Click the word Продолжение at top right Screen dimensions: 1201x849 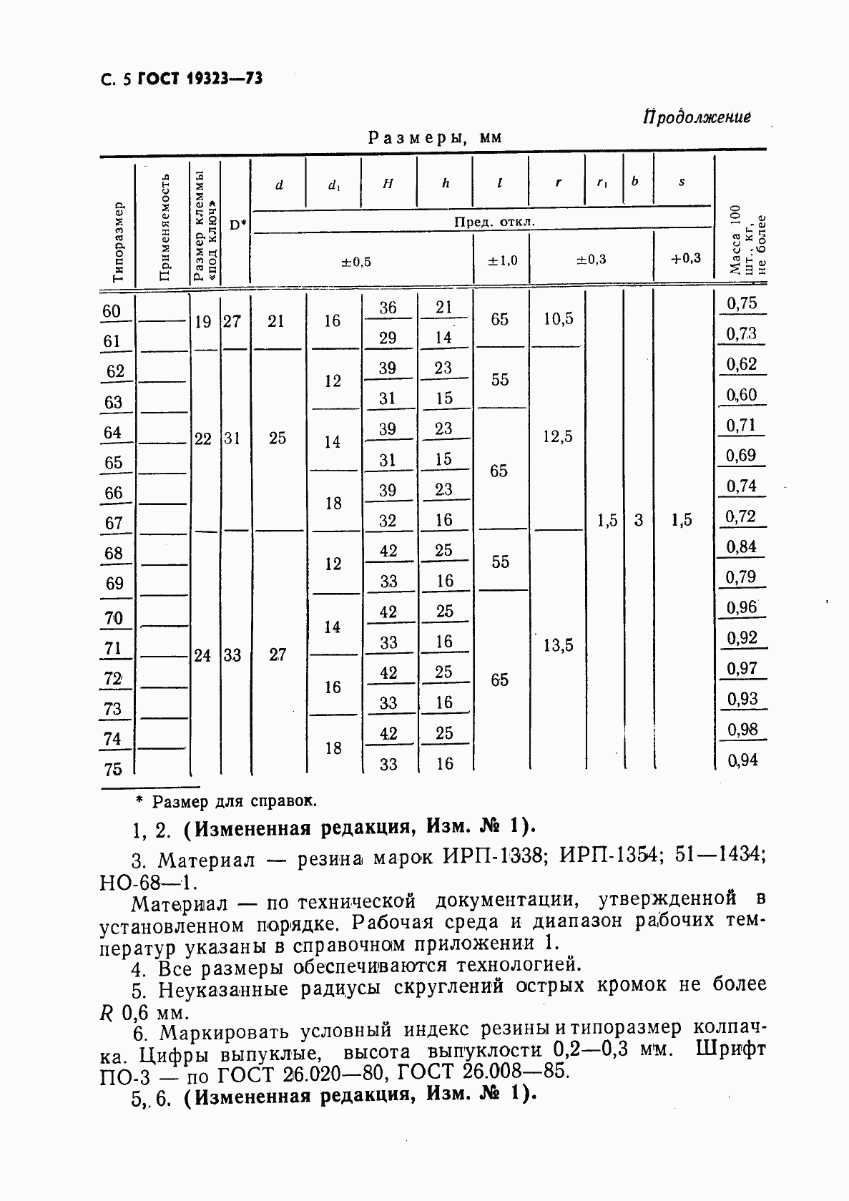coord(697,117)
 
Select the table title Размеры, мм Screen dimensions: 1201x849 coord(435,137)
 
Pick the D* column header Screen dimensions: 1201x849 coord(237,225)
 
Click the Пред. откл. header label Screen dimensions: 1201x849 coord(494,222)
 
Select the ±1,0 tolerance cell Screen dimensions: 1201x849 coord(502,260)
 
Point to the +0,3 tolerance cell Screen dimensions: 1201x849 coord(685,259)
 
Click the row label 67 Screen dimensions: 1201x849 coord(114,523)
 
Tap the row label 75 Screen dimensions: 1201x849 coord(113,770)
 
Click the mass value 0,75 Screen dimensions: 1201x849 coord(742,303)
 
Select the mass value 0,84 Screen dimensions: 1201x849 coord(742,547)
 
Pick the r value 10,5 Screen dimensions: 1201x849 coord(559,319)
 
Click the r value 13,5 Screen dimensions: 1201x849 coord(559,646)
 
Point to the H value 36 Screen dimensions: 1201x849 coord(388,308)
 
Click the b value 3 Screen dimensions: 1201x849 coord(638,521)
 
